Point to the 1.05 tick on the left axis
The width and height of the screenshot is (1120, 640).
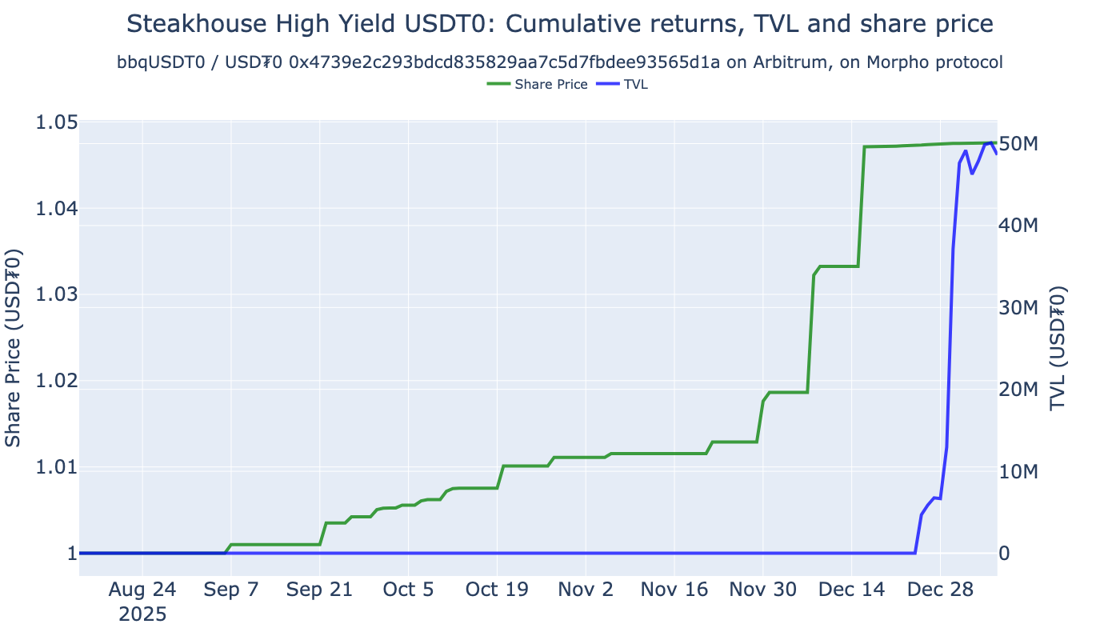click(55, 122)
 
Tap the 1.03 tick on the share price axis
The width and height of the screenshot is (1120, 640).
click(55, 294)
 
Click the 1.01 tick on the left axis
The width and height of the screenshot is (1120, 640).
click(55, 466)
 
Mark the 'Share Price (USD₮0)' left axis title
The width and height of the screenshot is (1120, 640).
click(14, 348)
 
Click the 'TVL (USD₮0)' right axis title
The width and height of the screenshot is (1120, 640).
click(1059, 348)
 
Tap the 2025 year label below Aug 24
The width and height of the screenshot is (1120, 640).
click(142, 615)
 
